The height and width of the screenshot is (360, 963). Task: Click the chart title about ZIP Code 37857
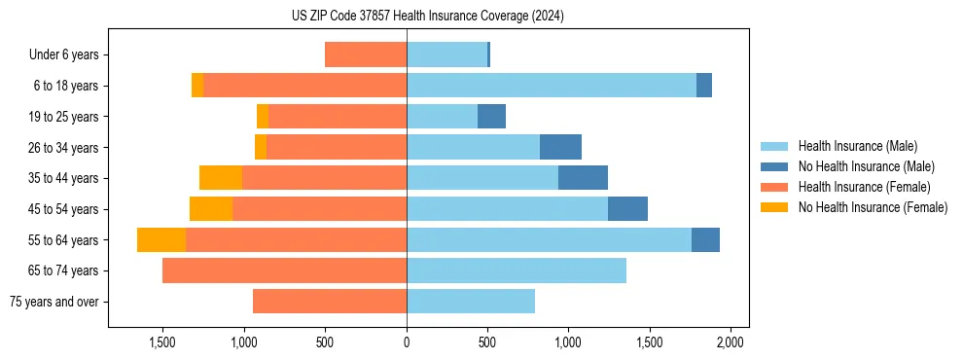click(x=427, y=16)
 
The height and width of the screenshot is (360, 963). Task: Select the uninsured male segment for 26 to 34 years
click(x=560, y=147)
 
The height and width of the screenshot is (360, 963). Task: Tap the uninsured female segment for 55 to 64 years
click(x=161, y=239)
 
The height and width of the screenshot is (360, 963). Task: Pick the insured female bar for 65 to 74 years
click(x=284, y=270)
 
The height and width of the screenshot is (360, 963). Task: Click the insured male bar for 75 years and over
click(x=471, y=302)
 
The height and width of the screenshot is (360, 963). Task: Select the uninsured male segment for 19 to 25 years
click(x=491, y=117)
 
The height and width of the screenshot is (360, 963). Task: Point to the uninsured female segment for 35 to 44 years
click(x=221, y=178)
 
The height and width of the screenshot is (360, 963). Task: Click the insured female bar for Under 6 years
click(x=366, y=54)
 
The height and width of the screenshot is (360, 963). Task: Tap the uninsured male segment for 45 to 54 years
click(x=627, y=209)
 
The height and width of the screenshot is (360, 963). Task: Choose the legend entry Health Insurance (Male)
click(x=857, y=146)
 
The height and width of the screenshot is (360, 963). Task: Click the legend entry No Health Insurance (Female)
click(x=873, y=207)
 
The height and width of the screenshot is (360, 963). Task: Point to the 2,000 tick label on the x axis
click(x=731, y=342)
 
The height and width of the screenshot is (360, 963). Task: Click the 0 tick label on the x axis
click(x=407, y=342)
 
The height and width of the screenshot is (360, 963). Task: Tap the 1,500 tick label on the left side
click(x=161, y=342)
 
